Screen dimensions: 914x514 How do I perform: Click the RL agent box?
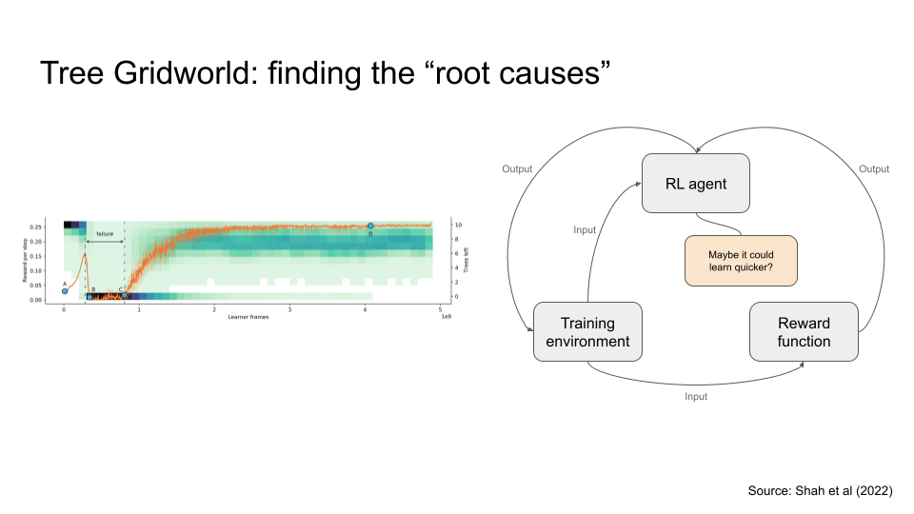[x=697, y=184]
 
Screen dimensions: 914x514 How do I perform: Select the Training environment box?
[x=587, y=331]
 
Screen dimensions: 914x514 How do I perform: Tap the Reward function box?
[x=804, y=331]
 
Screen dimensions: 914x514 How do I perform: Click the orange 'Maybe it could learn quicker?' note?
[x=740, y=261]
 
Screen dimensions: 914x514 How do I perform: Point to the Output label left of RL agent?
[x=517, y=169]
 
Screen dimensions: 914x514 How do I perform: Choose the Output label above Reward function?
[x=873, y=169]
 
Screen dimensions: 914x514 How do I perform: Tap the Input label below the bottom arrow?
[x=696, y=396]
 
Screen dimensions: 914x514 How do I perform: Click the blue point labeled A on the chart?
[x=65, y=291]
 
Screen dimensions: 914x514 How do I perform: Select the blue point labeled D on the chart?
[x=370, y=226]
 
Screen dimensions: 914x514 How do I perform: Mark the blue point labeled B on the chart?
[x=89, y=296]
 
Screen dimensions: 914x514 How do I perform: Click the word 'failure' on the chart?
[x=105, y=233]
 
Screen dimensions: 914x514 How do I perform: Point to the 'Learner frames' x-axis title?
[x=247, y=317]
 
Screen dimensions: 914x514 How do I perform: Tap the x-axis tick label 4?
[x=366, y=309]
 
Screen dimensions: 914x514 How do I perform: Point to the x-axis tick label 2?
[x=214, y=309]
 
